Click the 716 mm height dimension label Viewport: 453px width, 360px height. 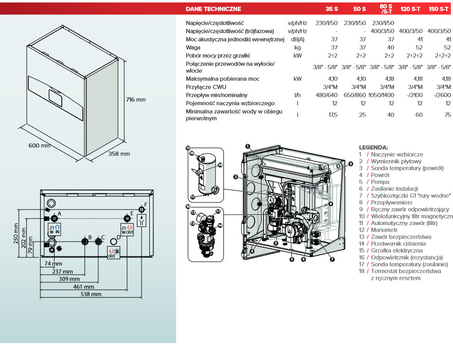[136, 99]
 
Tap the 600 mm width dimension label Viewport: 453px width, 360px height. [40, 145]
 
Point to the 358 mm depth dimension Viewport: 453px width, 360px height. [119, 154]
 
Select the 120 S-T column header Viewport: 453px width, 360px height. [410, 9]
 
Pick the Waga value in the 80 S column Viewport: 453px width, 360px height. [391, 47]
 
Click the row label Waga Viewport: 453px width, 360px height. [193, 47]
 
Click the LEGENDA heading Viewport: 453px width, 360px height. [373, 147]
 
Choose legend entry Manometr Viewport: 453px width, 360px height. [385, 230]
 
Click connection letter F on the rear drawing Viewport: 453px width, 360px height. [145, 205]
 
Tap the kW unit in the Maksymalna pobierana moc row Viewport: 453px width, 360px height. [298, 79]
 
